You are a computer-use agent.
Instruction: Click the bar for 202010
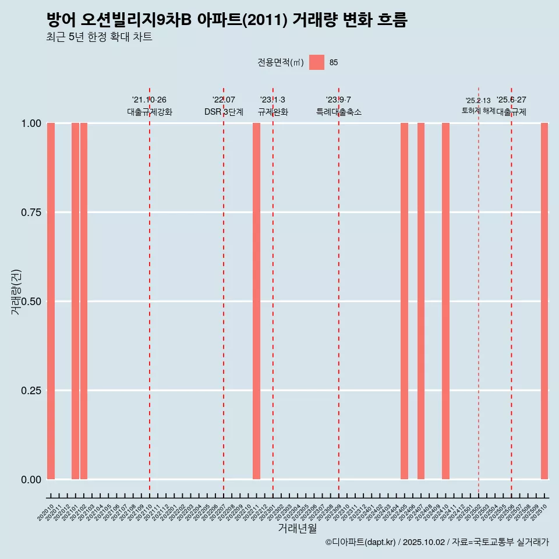point(51,301)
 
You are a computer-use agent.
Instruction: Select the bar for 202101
point(76,301)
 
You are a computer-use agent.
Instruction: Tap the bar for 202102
point(84,301)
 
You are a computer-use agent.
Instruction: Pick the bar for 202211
point(256,301)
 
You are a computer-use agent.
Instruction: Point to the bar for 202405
point(404,301)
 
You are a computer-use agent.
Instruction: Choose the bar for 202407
point(421,301)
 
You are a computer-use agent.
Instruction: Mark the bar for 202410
point(445,301)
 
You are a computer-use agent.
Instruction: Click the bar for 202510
point(544,301)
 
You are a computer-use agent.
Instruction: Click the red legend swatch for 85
point(316,62)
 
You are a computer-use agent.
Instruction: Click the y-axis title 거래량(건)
point(16,292)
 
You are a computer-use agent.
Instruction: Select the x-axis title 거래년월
point(298,529)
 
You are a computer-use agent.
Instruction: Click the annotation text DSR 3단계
point(224,112)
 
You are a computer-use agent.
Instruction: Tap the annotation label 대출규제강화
point(150,112)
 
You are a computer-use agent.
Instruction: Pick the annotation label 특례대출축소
point(339,112)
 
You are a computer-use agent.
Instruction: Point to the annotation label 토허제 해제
point(478,110)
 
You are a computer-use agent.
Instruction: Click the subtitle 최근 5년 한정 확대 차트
point(99,37)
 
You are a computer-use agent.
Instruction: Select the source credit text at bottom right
point(437,543)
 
